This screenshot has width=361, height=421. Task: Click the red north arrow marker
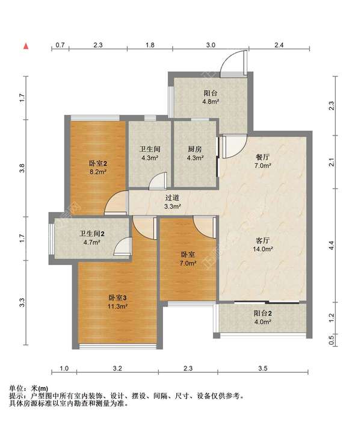coord(26,46)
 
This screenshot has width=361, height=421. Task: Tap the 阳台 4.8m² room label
coord(211,98)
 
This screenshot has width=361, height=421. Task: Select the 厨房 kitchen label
coord(195,149)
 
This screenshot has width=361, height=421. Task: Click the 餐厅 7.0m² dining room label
coord(262,161)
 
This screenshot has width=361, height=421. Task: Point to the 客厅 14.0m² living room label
coord(263,245)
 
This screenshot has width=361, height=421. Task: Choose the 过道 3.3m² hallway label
coord(172,202)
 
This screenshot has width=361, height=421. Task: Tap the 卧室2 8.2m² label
coord(98,167)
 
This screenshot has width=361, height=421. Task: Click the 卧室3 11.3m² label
coord(117,302)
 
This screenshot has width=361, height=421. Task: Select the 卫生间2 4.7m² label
coord(91,238)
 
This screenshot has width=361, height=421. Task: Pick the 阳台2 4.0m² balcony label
coord(263,317)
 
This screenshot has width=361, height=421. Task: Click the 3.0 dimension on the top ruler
coord(211,45)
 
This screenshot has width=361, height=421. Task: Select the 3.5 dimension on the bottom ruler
coord(263,368)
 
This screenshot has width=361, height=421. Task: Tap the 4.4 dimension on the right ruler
coord(332,245)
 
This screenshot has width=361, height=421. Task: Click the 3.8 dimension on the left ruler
coord(22,168)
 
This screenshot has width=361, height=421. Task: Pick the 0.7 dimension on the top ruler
coord(60,45)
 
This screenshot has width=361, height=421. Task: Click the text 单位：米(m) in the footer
coord(29,388)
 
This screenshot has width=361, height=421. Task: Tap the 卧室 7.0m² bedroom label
coord(188,258)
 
